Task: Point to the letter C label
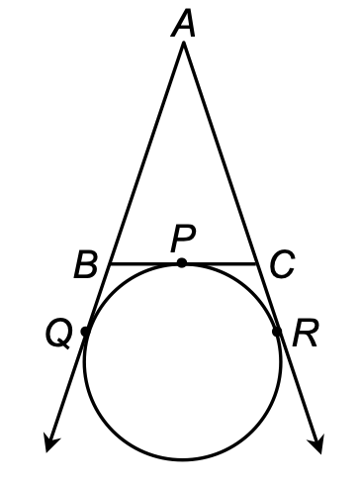280,264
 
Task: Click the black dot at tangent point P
182,263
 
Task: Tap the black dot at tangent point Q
86,333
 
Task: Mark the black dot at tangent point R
278,332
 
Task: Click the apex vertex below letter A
182,46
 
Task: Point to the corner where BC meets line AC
256,264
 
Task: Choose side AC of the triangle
220,155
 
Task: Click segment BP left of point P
144,264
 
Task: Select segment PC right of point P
220,264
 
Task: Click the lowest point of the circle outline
182,459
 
